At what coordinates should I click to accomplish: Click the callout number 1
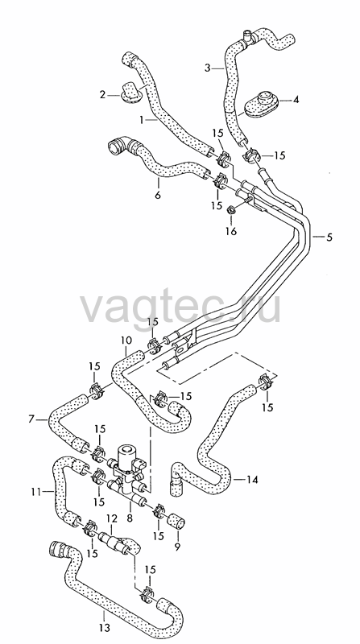pos(142,120)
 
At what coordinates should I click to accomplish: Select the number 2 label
pos(103,95)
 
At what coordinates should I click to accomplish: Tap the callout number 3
pos(208,68)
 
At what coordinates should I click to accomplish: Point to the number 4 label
pos(296,99)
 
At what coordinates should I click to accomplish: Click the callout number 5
pos(329,237)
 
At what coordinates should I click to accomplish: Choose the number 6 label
pos(158,195)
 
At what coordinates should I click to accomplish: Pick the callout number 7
pos(31,419)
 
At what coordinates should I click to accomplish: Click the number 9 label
pos(177,547)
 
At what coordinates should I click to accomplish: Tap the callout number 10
pos(126,341)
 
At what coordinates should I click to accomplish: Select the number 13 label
pos(105,628)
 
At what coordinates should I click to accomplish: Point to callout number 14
pos(252,479)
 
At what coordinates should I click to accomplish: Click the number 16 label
pos(231,232)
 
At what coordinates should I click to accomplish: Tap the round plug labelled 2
pos(131,91)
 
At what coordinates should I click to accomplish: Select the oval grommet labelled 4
pos(262,104)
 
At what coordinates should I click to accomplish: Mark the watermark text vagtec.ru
pos(180,307)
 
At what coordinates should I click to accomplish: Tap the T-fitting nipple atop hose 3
pos(247,34)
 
